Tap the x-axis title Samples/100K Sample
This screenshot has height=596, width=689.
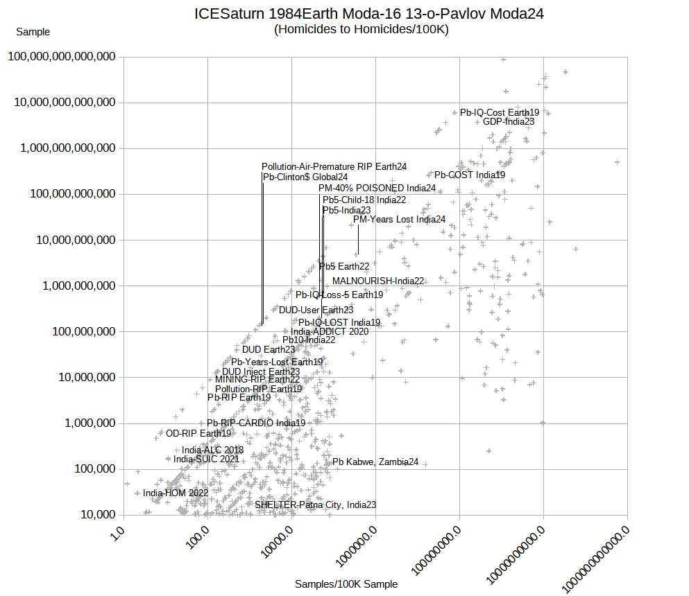[346, 584]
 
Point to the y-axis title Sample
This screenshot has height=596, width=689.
[33, 32]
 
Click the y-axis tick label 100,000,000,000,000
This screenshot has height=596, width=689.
[62, 57]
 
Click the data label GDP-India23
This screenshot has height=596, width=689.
[509, 121]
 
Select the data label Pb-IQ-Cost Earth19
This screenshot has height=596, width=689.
[500, 112]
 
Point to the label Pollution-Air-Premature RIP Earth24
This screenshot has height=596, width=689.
[334, 166]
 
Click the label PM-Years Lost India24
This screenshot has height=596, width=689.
[400, 220]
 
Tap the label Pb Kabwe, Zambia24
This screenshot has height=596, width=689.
[375, 462]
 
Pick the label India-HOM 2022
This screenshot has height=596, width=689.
[176, 493]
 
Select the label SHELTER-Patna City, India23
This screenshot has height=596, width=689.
[316, 505]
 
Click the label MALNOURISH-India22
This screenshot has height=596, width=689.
[378, 281]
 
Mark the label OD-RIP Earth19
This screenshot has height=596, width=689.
[198, 433]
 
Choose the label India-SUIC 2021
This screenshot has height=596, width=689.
[207, 459]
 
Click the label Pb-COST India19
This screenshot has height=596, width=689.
[470, 175]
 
